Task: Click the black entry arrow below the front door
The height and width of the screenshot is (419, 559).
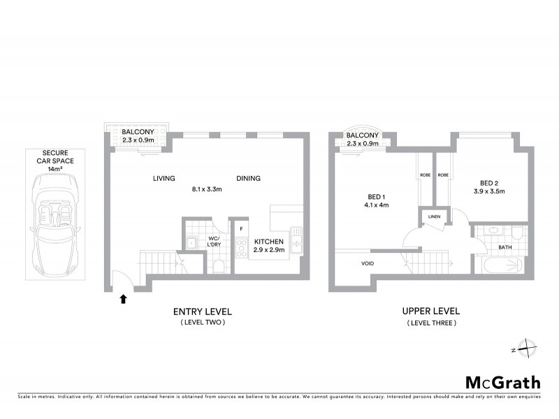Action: click(x=124, y=299)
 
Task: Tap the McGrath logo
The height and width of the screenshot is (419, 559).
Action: click(x=502, y=382)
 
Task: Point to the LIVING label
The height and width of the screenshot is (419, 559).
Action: click(x=164, y=178)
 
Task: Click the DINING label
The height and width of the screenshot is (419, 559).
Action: click(x=248, y=178)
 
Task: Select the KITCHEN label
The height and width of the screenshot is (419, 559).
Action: click(x=269, y=241)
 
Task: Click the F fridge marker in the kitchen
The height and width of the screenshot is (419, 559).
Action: click(x=241, y=228)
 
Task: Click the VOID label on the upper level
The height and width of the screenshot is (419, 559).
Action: click(x=368, y=264)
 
